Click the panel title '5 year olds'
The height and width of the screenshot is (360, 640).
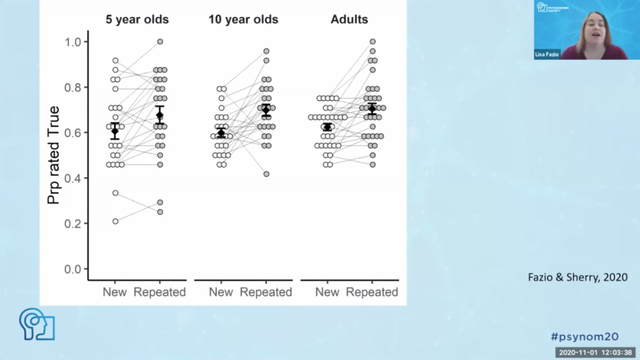click(136, 20)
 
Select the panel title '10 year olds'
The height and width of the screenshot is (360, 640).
click(243, 20)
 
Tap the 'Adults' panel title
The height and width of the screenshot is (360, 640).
click(349, 20)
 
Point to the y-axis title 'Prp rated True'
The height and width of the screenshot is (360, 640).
click(54, 155)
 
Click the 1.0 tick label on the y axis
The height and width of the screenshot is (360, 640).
click(73, 42)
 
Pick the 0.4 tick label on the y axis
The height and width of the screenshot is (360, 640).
click(73, 178)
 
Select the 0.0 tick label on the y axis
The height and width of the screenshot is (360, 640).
click(73, 269)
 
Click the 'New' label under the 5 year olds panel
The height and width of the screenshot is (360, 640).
click(115, 292)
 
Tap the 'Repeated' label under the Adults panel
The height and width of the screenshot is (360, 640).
click(372, 292)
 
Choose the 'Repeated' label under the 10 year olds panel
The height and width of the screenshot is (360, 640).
click(266, 292)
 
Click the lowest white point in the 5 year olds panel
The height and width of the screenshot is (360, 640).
click(115, 221)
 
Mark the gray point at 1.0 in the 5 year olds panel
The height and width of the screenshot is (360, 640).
click(160, 42)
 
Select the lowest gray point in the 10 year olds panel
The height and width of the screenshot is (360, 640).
click(266, 174)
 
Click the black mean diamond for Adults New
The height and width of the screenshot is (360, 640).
click(327, 127)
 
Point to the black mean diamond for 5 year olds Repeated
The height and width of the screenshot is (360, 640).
click(160, 115)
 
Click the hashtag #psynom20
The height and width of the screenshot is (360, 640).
click(584, 336)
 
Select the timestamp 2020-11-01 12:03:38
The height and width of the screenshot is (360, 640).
click(595, 353)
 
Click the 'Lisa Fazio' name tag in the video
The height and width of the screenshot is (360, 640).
click(547, 54)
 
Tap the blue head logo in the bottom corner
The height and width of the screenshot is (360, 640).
click(37, 324)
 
